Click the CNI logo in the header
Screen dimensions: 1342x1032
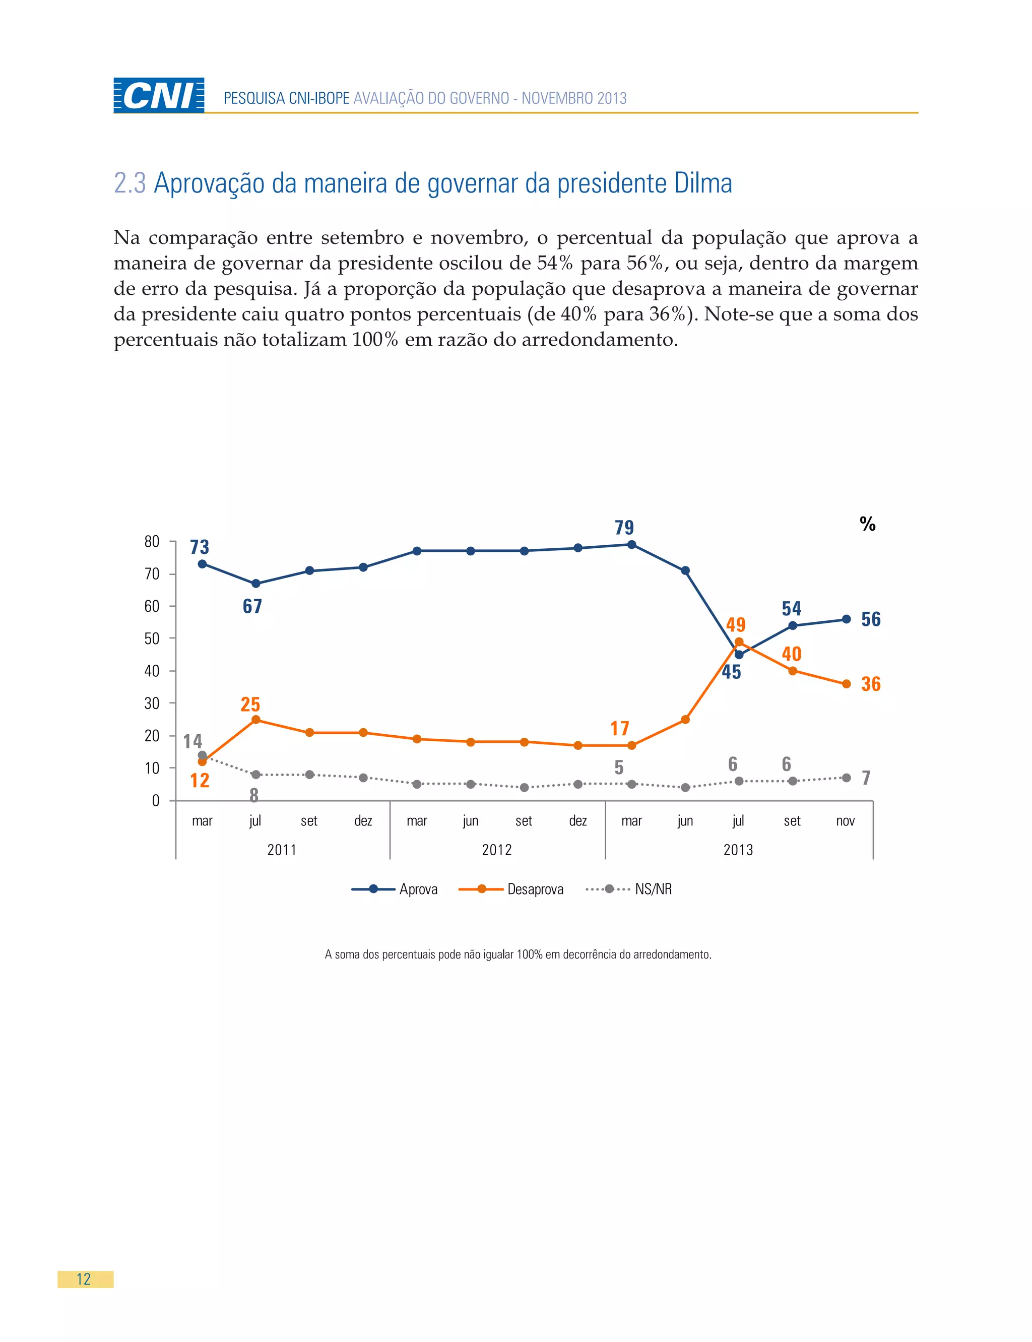coord(159,95)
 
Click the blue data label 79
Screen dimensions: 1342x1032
coord(624,528)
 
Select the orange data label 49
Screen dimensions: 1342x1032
coord(735,624)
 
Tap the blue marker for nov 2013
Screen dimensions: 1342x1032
coord(846,619)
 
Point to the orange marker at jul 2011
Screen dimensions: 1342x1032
coord(255,720)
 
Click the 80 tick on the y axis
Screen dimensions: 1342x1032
coord(152,542)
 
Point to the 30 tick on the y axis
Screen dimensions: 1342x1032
coord(152,703)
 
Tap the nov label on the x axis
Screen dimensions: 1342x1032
coord(845,821)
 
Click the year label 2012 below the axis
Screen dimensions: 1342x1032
coord(496,850)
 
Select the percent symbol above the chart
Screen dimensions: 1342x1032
coord(867,524)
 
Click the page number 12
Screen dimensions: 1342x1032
coord(84,1280)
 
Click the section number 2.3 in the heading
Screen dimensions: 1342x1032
coord(130,183)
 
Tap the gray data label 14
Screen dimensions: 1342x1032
coord(192,741)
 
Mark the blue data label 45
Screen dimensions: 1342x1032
coord(731,672)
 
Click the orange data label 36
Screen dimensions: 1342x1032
coord(870,683)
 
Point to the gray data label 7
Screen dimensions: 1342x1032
coord(866,778)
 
